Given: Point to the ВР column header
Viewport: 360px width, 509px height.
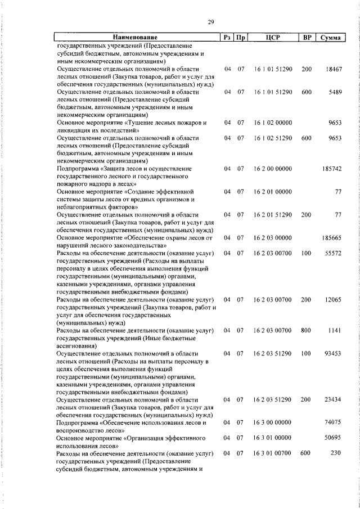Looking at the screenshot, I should (x=307, y=38).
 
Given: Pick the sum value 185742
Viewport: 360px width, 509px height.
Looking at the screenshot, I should (x=332, y=168).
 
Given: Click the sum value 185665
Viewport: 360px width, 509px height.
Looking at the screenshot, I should (x=332, y=238).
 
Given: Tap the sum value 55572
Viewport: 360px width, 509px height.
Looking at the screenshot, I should (x=334, y=254).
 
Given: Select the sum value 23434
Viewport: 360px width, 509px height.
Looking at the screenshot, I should (x=334, y=399).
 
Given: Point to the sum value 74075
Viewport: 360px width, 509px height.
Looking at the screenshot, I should (x=334, y=422).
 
